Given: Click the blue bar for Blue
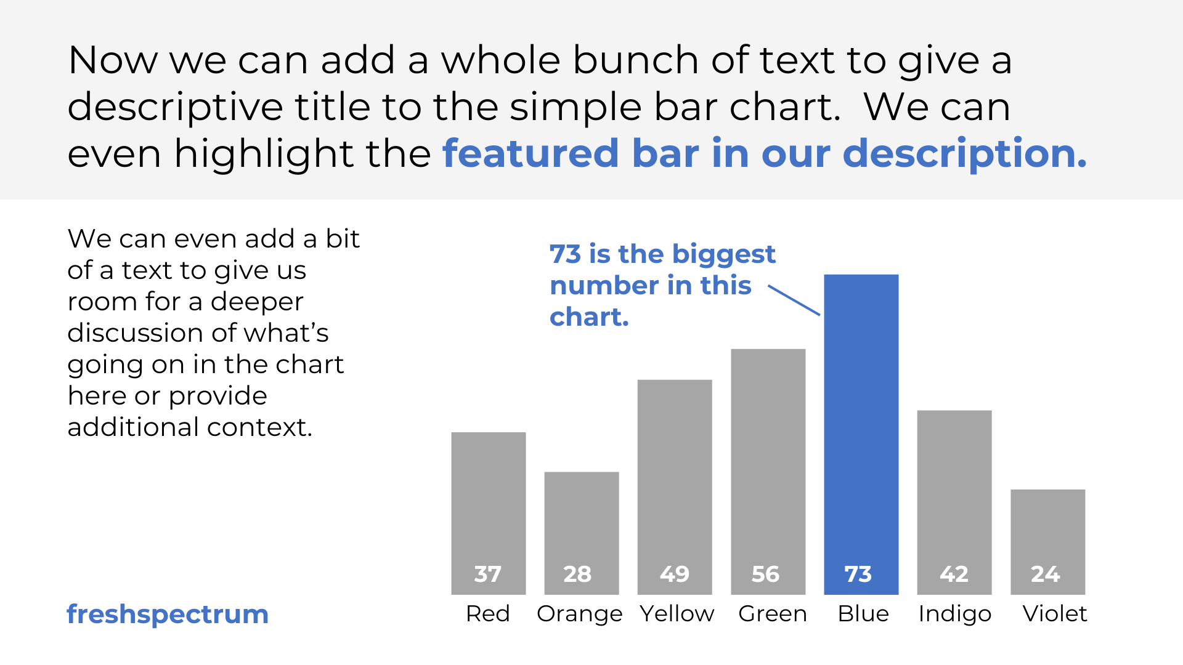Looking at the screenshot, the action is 861,434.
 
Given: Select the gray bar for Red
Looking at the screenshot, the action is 489,513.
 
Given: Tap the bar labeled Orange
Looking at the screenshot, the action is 582,533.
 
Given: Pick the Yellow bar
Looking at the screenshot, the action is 675,486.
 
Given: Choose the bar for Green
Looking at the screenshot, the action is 768,471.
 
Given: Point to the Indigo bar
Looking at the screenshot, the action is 954,502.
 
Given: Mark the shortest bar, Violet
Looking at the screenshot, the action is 1047,542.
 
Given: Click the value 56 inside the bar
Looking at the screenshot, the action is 765,574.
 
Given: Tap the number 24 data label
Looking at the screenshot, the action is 1045,574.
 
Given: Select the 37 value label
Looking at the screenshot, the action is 487,574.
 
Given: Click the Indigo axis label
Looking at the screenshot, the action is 955,615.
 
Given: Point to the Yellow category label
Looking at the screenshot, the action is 677,614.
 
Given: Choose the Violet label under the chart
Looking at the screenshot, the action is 1054,614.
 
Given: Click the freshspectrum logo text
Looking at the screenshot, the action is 168,615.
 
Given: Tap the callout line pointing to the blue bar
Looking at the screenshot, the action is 794,300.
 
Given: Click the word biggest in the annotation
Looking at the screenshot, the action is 723,255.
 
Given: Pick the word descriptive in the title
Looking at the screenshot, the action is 175,108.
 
